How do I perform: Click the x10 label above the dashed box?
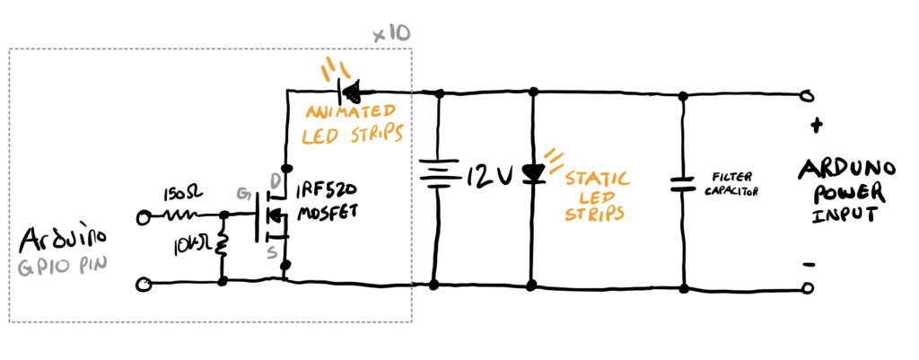point(391,35)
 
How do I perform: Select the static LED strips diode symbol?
point(533,173)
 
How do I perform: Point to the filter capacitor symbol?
point(683,183)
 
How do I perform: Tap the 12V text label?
point(491,175)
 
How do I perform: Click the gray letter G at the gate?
point(242,193)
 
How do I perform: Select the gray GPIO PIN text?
point(63,267)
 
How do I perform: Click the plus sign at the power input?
point(814,126)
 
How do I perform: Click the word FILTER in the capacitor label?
point(726,177)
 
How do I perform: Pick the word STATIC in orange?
point(597,179)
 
